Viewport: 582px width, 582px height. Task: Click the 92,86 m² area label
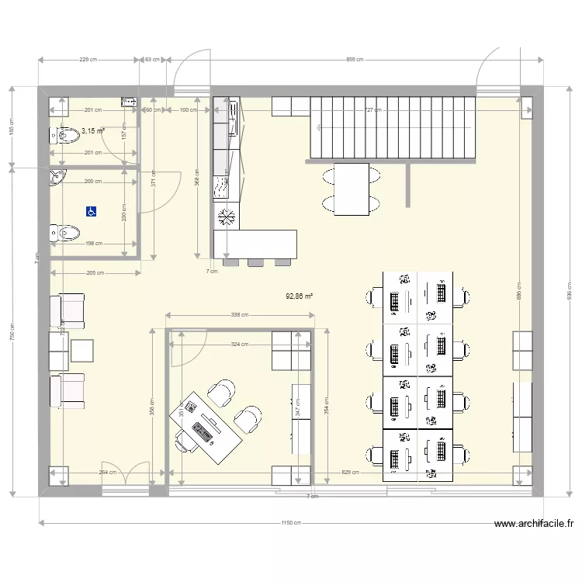(x=300, y=296)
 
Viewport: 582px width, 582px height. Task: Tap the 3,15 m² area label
(x=93, y=131)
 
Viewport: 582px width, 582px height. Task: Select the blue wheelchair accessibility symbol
(x=90, y=210)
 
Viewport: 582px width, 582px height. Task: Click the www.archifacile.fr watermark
(x=534, y=524)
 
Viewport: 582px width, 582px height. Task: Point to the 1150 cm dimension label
(x=292, y=523)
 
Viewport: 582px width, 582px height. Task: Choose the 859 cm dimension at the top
(x=354, y=60)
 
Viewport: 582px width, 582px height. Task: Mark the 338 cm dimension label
(x=240, y=315)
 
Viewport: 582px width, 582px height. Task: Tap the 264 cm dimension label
(x=107, y=472)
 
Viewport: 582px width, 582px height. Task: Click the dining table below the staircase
(x=351, y=189)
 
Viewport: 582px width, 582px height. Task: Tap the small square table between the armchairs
(x=82, y=352)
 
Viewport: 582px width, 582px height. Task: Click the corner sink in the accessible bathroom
(x=57, y=178)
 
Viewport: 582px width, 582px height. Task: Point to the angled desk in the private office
(x=206, y=423)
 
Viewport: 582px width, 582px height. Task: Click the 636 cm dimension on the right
(x=569, y=289)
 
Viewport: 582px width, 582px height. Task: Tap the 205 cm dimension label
(x=95, y=273)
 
